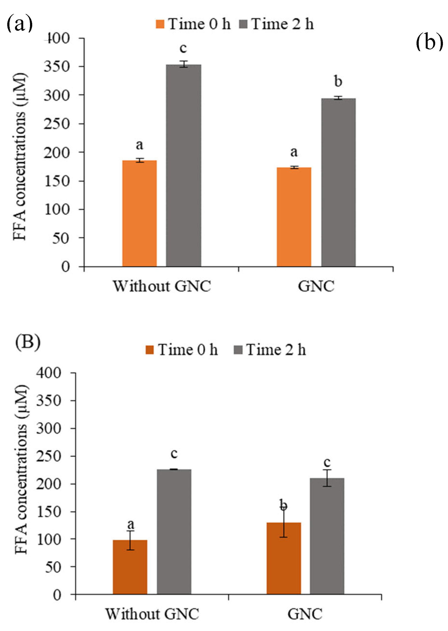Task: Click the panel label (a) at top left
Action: point(19,24)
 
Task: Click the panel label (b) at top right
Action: point(429,42)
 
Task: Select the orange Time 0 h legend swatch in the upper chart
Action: point(160,24)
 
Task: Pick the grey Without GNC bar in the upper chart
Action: point(183,166)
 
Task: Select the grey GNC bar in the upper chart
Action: point(338,182)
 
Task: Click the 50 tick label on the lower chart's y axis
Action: point(53,567)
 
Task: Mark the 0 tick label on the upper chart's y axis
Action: point(65,267)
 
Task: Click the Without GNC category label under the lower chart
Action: point(152,614)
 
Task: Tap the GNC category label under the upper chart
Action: point(316,286)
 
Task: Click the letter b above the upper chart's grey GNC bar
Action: point(338,81)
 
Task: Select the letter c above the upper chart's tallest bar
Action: point(183,48)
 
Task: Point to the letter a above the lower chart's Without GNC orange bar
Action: point(131,524)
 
